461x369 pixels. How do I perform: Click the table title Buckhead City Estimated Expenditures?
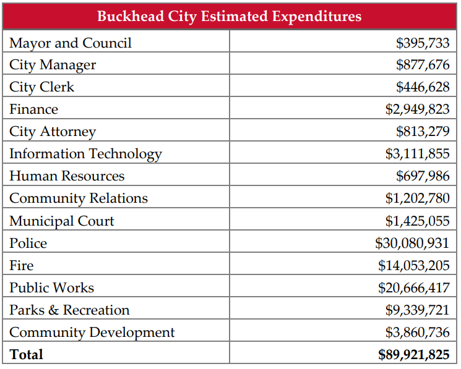(x=230, y=17)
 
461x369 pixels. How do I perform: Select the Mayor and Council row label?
(x=71, y=43)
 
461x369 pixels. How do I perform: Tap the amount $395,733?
(x=423, y=43)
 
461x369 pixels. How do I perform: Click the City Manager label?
(x=53, y=65)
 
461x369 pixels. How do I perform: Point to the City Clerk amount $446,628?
(x=423, y=87)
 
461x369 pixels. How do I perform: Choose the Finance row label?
(x=33, y=109)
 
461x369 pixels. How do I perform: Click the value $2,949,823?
(x=418, y=109)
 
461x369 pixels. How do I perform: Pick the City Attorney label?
(x=53, y=132)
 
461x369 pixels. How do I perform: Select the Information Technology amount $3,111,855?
(x=418, y=153)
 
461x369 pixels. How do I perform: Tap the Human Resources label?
(x=67, y=176)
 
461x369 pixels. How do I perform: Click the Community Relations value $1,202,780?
(x=418, y=198)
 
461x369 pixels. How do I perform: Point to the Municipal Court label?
(x=61, y=221)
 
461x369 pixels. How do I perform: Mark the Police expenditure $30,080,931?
(x=412, y=243)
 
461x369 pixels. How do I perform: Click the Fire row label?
(x=21, y=265)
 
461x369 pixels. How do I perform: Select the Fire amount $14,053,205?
(x=414, y=265)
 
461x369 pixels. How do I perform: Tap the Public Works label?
(x=51, y=287)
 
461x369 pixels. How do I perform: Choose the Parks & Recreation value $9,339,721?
(x=418, y=310)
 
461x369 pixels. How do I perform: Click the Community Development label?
(x=92, y=333)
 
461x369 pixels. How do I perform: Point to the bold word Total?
(x=26, y=354)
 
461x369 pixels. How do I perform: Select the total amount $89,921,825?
(x=414, y=355)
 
